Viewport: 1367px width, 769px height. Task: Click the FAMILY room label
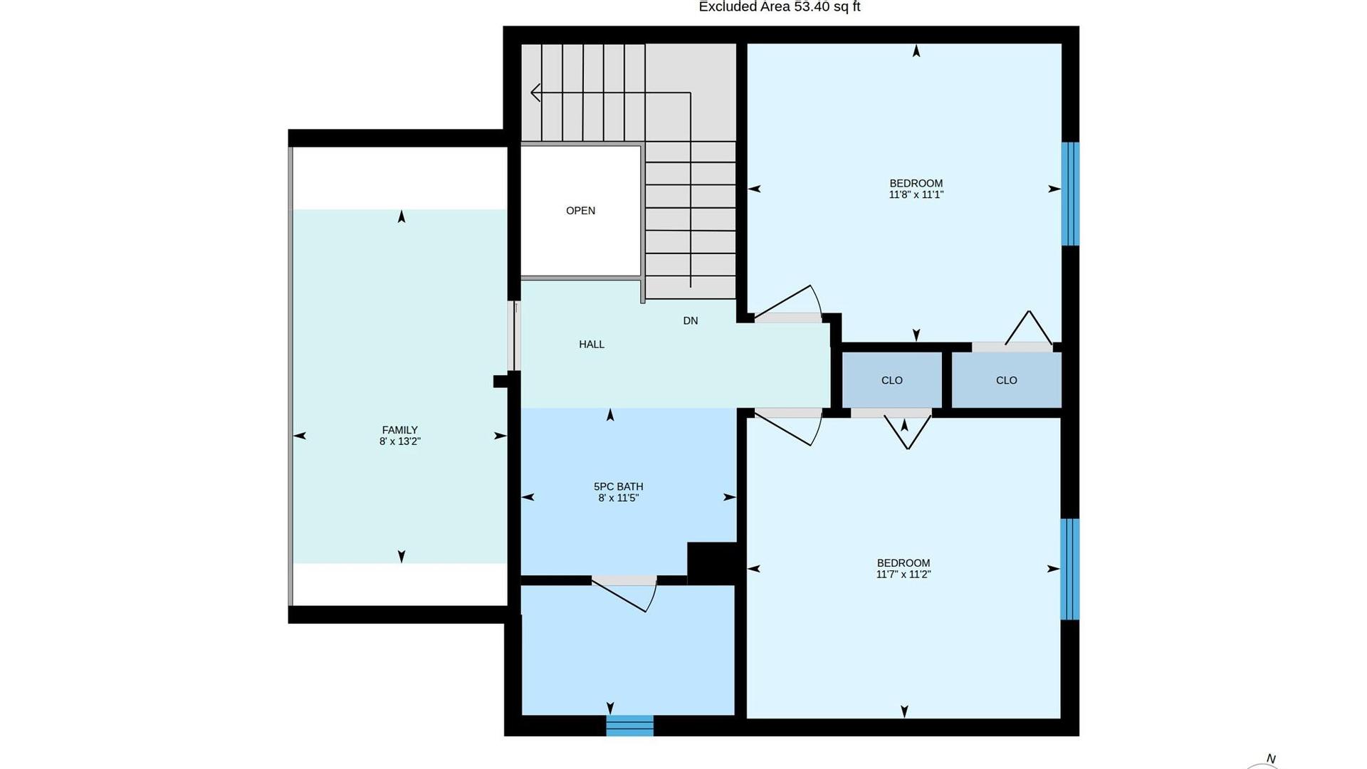click(x=399, y=430)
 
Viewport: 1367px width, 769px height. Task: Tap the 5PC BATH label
click(x=618, y=487)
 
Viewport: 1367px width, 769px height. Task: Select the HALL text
click(x=592, y=345)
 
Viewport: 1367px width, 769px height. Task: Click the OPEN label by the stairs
click(x=580, y=211)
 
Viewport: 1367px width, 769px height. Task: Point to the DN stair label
click(x=691, y=321)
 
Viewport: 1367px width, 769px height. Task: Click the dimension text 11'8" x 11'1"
click(x=916, y=194)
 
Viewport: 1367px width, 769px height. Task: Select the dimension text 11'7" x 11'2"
click(x=904, y=575)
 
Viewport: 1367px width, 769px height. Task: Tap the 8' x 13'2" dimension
click(x=400, y=441)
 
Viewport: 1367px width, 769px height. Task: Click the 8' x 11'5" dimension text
click(x=619, y=498)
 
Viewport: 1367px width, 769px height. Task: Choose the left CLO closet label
click(x=892, y=380)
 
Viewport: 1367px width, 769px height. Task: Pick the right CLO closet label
click(x=1007, y=380)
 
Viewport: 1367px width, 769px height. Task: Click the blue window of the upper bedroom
click(x=1070, y=194)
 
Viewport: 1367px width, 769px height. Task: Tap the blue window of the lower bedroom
click(x=1069, y=569)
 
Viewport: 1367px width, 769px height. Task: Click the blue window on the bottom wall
click(x=630, y=726)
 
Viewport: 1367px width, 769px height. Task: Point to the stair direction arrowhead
click(x=535, y=93)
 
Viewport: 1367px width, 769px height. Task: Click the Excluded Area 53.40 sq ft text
click(x=780, y=7)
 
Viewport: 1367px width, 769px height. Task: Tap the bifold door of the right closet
click(x=1028, y=329)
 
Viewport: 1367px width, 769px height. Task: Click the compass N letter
click(x=1271, y=759)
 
